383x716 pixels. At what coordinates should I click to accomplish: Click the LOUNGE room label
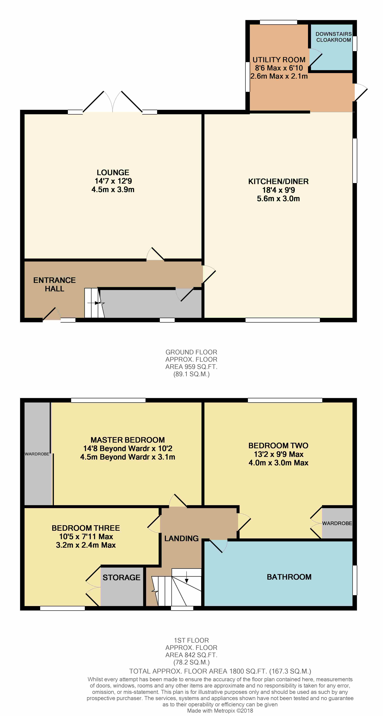pos(113,173)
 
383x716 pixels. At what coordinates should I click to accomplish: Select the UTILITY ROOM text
pos(279,60)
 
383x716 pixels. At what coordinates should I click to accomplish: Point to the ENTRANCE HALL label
pos(55,284)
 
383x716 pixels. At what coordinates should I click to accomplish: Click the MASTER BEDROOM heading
pos(128,440)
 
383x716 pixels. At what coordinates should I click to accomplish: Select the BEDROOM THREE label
pos(86,528)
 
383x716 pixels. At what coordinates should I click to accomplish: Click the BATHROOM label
pos(289,577)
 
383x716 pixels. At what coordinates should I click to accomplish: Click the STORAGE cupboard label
pos(121,578)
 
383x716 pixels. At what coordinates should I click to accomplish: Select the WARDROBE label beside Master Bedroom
pos(37,454)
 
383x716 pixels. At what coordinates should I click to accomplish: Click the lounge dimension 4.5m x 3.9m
pos(113,190)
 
